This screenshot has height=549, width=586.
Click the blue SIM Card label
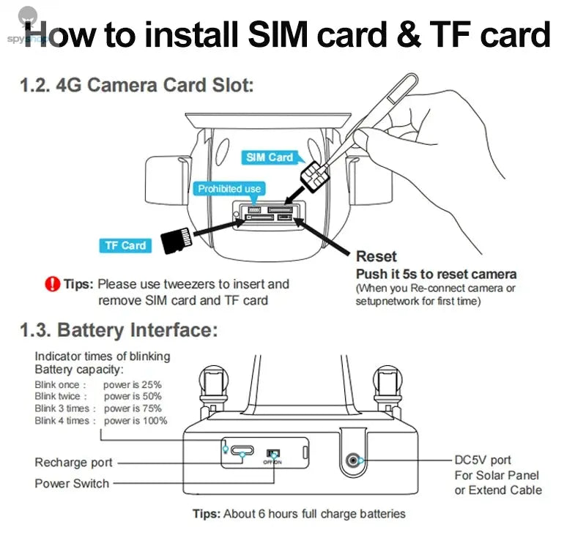270,157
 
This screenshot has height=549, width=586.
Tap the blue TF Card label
125,246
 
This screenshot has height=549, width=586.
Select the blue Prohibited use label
229,189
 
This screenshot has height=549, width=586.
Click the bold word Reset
376,256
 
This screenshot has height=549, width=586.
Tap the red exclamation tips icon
52,284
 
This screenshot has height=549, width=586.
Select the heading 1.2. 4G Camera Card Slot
137,85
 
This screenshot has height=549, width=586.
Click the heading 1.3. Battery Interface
119,330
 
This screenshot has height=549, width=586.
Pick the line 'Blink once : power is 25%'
98,384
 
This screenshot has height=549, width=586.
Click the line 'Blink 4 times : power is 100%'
101,421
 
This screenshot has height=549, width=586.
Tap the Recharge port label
74,463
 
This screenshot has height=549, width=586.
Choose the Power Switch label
72,483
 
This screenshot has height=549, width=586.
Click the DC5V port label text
483,460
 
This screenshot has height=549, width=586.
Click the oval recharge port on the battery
238,454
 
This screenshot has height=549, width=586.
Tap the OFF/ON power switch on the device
272,455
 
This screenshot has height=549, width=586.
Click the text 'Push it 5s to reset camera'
436,274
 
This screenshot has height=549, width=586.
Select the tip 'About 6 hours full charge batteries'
299,514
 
